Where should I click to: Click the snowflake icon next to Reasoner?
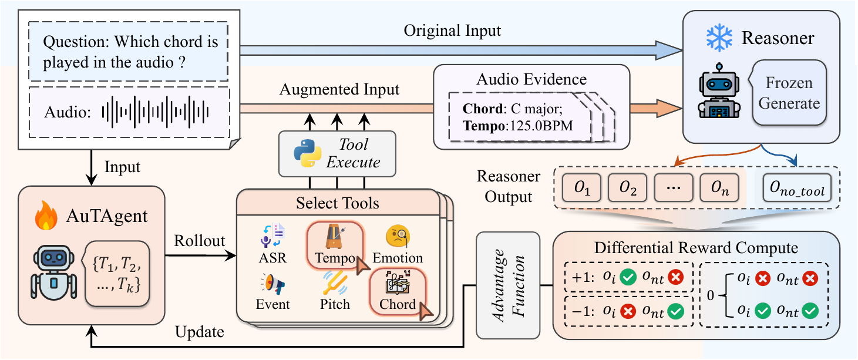718,38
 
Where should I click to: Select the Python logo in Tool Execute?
307,153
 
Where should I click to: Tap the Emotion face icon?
397,236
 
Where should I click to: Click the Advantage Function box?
508,285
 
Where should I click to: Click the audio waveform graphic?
156,112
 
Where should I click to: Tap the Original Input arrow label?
452,31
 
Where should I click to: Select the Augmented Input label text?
339,90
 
